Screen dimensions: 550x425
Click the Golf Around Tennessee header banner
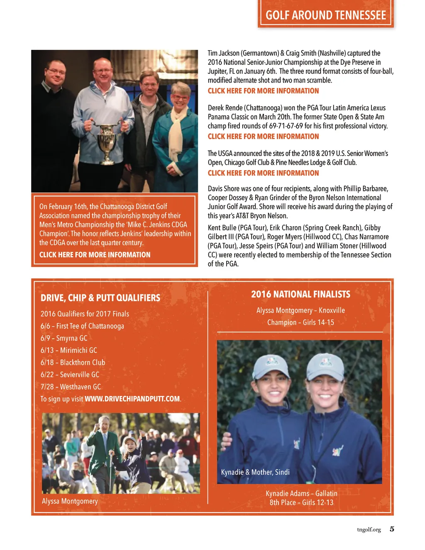[326, 15]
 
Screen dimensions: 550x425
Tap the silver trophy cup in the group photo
[107, 139]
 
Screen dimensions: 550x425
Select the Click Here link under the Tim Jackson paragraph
[263, 91]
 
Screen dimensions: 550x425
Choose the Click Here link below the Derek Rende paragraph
[263, 137]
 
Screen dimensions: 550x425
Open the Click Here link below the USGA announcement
[263, 173]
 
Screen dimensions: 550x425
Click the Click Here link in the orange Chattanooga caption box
[95, 255]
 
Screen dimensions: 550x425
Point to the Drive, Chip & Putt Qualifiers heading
[100, 298]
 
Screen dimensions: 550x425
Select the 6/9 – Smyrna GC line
[64, 338]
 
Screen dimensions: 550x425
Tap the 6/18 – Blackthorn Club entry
[73, 362]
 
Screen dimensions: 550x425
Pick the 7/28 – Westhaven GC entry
[71, 387]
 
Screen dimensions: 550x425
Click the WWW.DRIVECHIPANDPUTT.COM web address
[132, 399]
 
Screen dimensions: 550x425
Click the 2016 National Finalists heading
[300, 294]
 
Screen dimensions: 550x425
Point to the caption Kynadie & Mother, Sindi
[255, 472]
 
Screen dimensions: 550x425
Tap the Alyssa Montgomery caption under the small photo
[70, 501]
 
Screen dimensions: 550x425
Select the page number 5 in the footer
[392, 529]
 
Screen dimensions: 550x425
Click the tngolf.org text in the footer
[369, 530]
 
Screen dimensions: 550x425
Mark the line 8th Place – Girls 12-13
[301, 503]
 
